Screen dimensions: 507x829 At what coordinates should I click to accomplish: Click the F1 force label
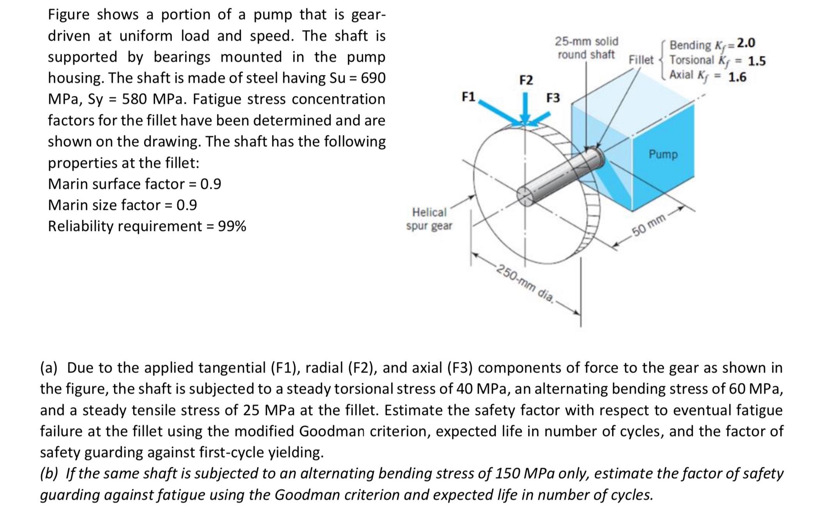click(468, 96)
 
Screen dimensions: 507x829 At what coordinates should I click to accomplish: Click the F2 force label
click(526, 80)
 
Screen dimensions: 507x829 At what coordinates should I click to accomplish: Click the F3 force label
click(553, 98)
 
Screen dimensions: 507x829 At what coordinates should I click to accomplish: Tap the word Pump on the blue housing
click(663, 154)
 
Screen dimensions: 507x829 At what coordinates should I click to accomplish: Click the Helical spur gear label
click(429, 219)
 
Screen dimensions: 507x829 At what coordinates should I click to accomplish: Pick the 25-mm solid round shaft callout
click(586, 48)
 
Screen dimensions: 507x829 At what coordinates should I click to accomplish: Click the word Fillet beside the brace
click(640, 60)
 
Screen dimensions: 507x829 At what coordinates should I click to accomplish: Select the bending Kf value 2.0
click(746, 43)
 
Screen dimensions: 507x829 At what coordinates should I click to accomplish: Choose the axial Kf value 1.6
click(738, 77)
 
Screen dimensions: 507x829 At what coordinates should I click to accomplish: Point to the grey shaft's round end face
click(525, 195)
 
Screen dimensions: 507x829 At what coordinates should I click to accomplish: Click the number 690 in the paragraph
click(373, 78)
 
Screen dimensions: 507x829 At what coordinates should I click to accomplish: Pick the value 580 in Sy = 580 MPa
click(135, 99)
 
